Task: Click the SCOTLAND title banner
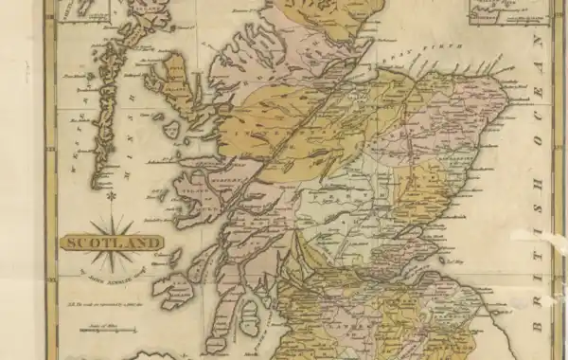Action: click(x=112, y=242)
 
